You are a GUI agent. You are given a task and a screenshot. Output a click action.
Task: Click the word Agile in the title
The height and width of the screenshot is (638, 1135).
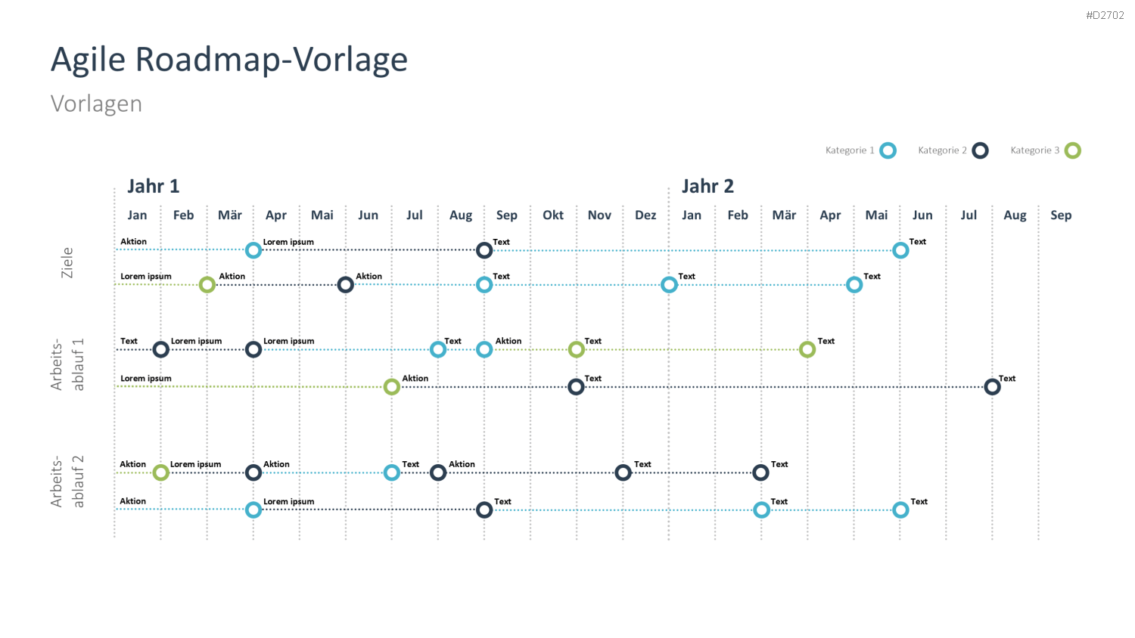point(88,60)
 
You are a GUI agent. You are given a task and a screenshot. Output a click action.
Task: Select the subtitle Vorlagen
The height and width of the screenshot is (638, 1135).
point(96,104)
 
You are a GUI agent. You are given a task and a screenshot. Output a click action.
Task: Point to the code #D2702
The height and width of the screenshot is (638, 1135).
point(1105,15)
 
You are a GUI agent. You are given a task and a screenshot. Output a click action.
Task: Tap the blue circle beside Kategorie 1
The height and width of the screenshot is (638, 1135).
point(888,150)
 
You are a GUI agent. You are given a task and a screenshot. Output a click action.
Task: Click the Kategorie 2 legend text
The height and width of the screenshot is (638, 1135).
point(943,150)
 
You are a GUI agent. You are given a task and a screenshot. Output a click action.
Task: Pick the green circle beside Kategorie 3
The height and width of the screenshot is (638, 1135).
point(1073,150)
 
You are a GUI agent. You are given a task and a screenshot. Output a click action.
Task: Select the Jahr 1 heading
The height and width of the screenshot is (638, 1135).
point(154,186)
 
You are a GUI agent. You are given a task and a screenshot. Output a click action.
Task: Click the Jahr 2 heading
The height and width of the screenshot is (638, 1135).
point(707,186)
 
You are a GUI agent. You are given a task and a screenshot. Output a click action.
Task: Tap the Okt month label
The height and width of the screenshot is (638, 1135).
point(553,215)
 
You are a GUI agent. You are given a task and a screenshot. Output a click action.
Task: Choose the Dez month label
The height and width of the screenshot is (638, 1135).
point(645,215)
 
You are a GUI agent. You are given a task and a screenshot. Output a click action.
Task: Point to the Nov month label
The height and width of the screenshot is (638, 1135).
point(599,215)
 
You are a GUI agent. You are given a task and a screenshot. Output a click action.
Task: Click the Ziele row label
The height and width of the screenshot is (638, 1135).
point(67,263)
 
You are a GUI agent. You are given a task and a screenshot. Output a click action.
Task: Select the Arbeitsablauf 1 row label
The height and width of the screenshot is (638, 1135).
point(67,364)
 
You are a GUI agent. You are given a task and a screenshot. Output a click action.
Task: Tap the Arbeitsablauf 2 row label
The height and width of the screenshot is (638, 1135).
point(67,482)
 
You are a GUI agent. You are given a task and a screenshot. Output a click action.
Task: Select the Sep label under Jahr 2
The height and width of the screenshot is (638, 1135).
point(1061,215)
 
